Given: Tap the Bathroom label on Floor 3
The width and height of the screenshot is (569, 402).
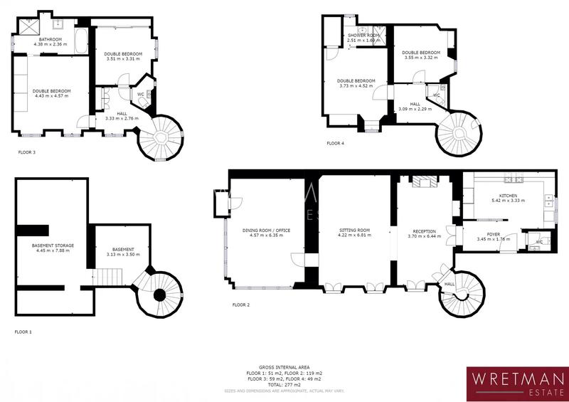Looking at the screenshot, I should (x=50, y=39).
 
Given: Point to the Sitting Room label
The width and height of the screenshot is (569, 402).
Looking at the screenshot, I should (x=354, y=231).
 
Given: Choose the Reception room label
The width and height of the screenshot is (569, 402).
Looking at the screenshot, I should (x=425, y=231).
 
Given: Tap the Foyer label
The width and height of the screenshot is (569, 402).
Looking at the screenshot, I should (x=493, y=234).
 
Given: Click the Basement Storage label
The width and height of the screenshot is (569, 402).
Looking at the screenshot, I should (x=53, y=245).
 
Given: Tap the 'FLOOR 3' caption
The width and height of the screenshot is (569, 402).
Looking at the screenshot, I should (x=27, y=152).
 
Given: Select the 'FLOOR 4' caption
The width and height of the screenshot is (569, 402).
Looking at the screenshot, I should (x=335, y=143).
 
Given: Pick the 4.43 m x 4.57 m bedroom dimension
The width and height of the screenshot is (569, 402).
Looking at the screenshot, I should (x=50, y=96).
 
